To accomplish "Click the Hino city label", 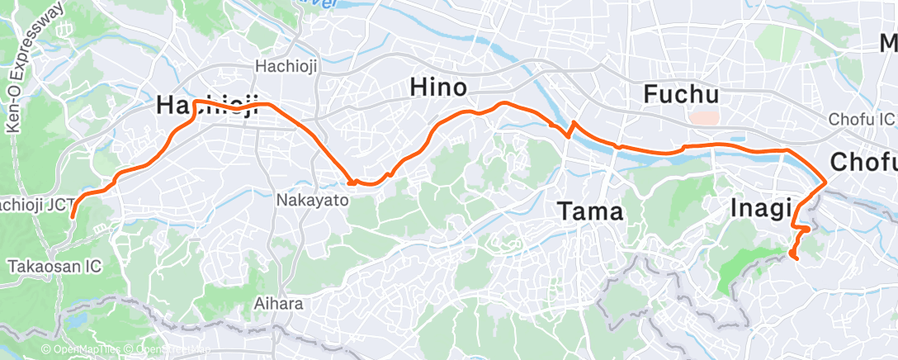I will (x=438, y=87).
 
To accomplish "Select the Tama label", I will (x=589, y=211).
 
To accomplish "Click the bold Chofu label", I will (x=863, y=162).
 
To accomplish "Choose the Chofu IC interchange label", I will (x=863, y=121).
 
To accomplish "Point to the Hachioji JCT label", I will (x=37, y=203).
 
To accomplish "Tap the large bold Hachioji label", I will (x=207, y=105).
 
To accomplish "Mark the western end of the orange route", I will (x=72, y=217).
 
